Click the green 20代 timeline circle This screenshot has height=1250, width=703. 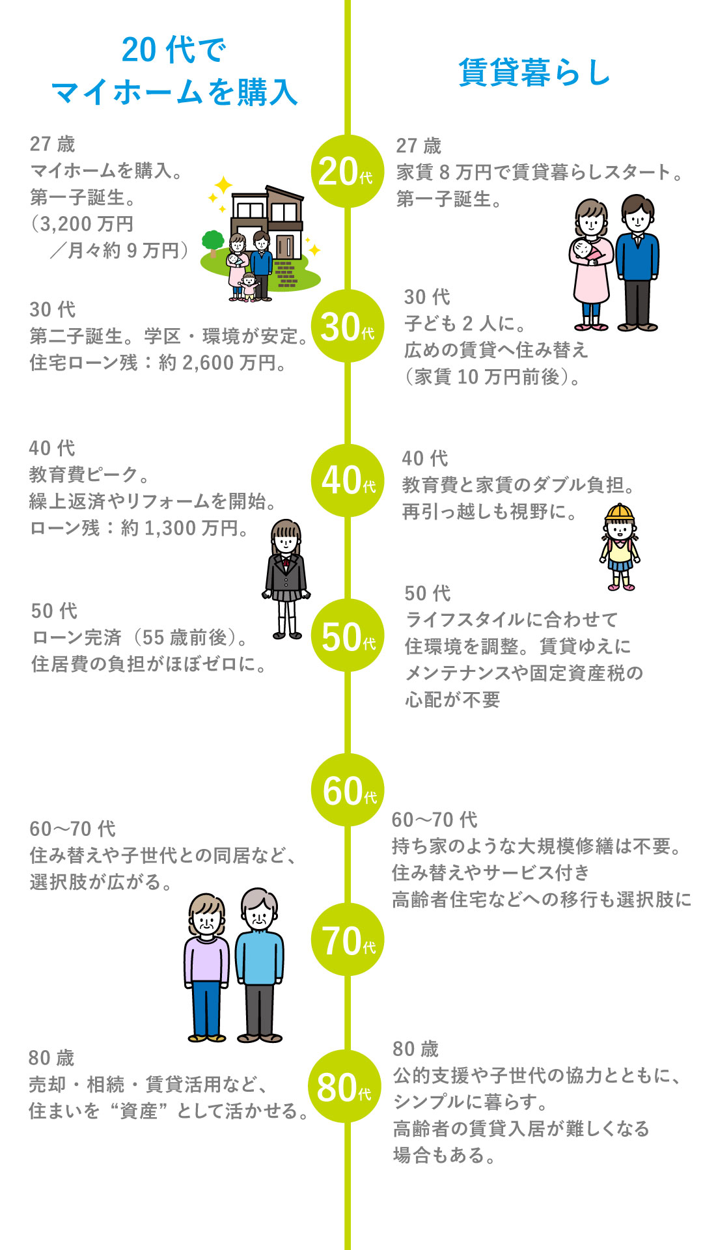pyautogui.click(x=348, y=171)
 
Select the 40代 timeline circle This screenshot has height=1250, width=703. pyautogui.click(x=348, y=480)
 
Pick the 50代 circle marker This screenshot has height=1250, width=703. pyautogui.click(x=348, y=635)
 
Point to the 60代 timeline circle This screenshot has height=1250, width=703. pyautogui.click(x=348, y=790)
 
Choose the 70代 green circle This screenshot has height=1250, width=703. pyautogui.click(x=348, y=939)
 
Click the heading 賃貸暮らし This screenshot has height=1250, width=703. pyautogui.click(x=534, y=72)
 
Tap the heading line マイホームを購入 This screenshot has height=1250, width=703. pyautogui.click(x=174, y=92)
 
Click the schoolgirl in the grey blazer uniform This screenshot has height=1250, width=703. pyautogui.click(x=286, y=579)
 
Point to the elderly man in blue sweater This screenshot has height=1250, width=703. pyautogui.click(x=259, y=965)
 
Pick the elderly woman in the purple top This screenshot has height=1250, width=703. pyautogui.click(x=207, y=967)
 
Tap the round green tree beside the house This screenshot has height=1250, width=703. pyautogui.click(x=213, y=243)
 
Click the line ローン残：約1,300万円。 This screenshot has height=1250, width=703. pyautogui.click(x=140, y=527)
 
